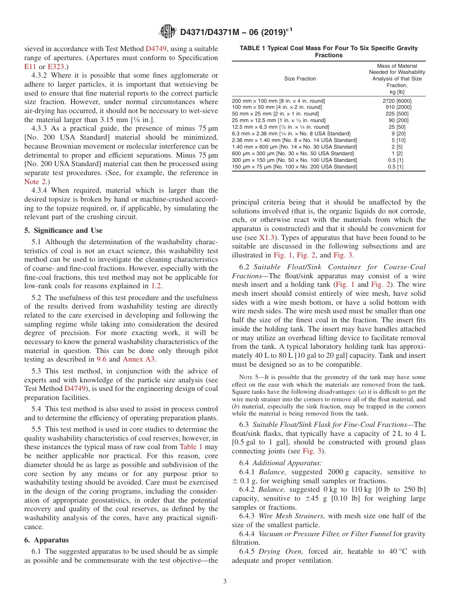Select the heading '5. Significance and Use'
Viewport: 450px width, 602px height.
(x=63, y=230)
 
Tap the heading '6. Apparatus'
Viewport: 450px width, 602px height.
(x=46, y=540)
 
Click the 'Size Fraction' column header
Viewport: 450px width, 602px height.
(x=300, y=79)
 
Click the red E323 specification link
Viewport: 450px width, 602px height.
(x=55, y=66)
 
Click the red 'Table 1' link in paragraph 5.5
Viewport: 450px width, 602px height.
(x=191, y=447)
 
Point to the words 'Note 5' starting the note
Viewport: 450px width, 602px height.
(x=247, y=377)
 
